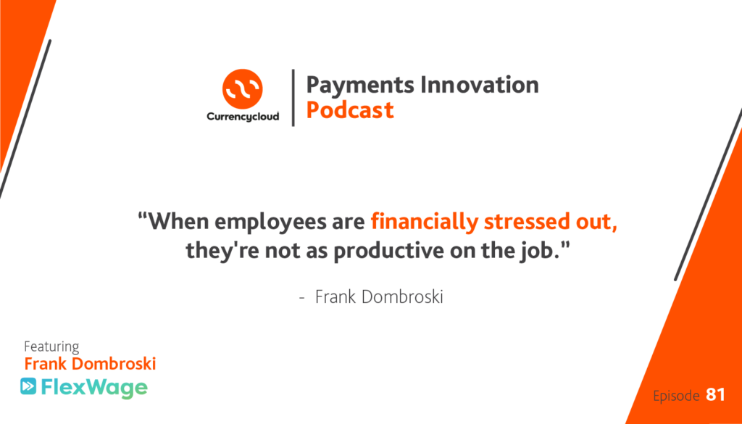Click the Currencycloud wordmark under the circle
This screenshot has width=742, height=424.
coord(243,117)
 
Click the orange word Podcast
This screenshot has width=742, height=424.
coord(350,109)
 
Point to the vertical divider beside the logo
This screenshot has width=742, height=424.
coord(293,97)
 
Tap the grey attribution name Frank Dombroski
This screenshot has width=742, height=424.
coord(379,297)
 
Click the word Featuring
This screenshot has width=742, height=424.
coord(51,347)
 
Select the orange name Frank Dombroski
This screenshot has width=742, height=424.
coord(90,364)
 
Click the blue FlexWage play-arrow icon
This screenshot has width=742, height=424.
coord(28,386)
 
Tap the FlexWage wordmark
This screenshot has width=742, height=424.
coord(94,388)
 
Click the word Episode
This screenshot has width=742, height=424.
coord(676,395)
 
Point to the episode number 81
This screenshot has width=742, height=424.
coord(715,395)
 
